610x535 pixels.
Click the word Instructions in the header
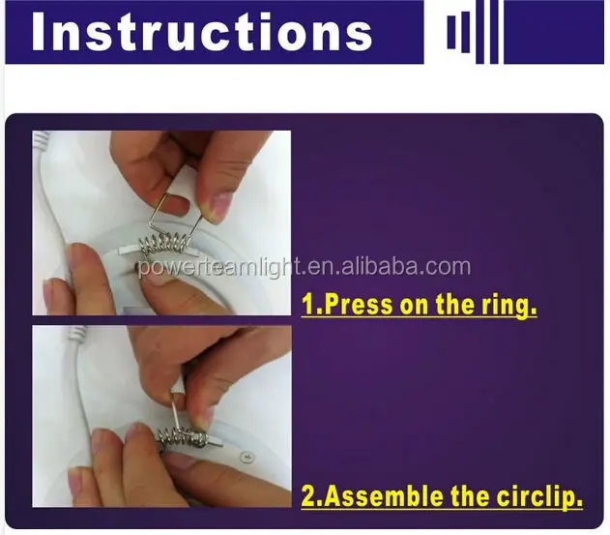(201, 32)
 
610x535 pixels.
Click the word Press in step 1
(358, 304)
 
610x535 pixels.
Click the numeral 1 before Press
(307, 304)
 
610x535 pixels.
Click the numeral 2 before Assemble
(308, 496)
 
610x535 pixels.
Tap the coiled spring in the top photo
(162, 245)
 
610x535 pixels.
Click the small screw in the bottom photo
(247, 457)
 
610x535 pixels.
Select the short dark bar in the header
(451, 32)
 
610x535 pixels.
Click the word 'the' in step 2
(469, 496)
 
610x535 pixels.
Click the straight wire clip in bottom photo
(176, 413)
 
